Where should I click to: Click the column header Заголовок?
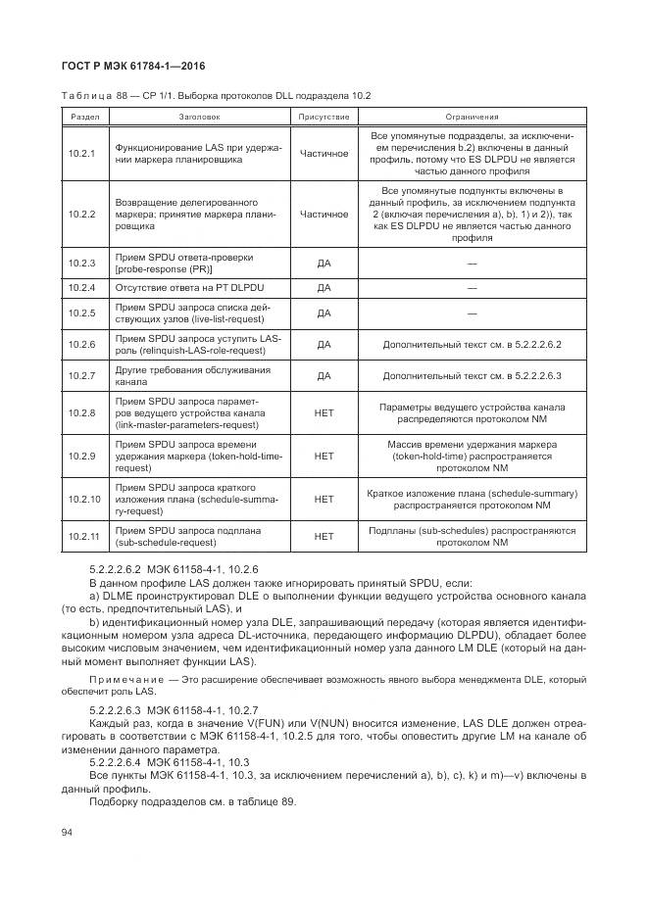[199, 117]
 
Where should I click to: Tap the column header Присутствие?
[324, 117]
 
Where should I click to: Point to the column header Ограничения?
[472, 117]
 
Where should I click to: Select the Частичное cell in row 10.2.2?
[324, 213]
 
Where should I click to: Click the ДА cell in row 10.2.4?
[324, 288]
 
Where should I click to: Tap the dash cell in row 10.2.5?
[472, 313]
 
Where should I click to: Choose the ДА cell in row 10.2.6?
[324, 345]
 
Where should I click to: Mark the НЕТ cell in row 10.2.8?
[324, 412]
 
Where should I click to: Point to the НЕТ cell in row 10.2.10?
[324, 499]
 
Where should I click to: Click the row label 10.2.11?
[82, 535]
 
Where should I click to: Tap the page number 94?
[68, 832]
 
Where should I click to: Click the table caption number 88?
[122, 95]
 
